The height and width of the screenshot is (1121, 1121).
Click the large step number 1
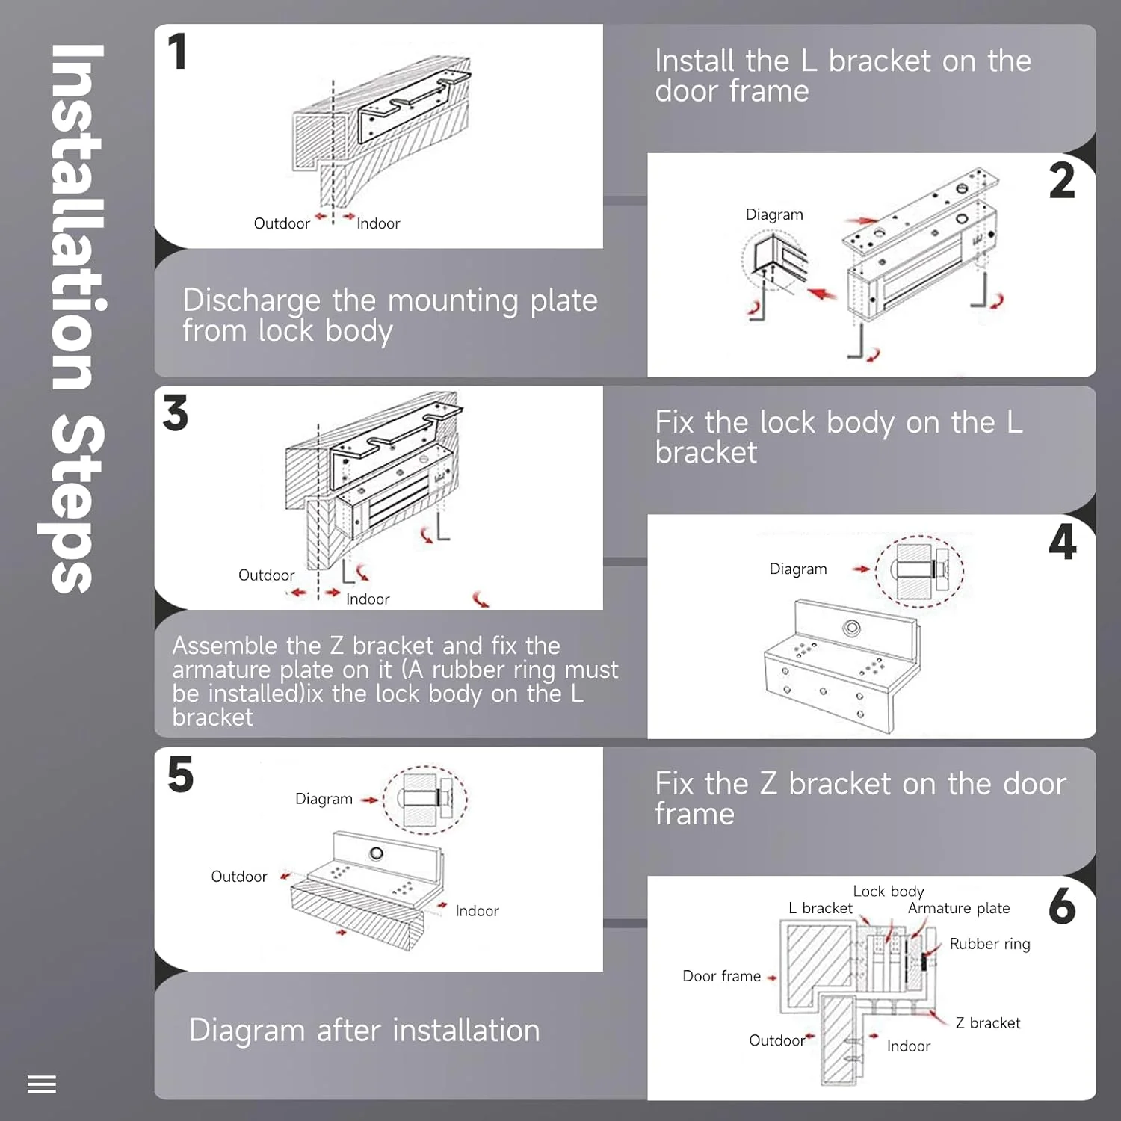(x=177, y=52)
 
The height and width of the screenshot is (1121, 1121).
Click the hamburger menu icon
(x=42, y=1084)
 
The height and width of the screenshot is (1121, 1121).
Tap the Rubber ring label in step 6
(x=989, y=944)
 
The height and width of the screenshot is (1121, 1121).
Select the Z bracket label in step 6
(x=987, y=1023)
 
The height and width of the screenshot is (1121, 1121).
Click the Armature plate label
(x=959, y=908)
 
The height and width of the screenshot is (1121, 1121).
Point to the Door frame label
(x=721, y=976)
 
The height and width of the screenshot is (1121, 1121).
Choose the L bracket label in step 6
(x=820, y=908)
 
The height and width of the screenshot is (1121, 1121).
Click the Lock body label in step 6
(x=889, y=892)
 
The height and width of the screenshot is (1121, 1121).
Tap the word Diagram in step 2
(x=774, y=214)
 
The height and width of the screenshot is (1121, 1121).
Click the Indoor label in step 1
(x=378, y=223)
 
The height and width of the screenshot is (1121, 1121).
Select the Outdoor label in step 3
(x=266, y=575)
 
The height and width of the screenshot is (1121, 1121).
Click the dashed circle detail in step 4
(x=919, y=572)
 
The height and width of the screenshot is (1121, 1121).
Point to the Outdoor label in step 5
(x=239, y=877)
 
